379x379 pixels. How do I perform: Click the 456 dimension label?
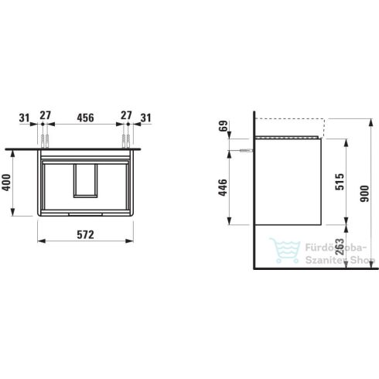(x=85, y=118)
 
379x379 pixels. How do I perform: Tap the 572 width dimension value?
(x=86, y=234)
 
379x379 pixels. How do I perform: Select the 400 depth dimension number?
(x=6, y=183)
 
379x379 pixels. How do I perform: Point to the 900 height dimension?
(x=364, y=193)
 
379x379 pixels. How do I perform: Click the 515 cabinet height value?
(x=340, y=182)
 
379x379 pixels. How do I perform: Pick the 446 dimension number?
(x=223, y=187)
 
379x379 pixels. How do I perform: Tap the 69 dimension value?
(x=224, y=126)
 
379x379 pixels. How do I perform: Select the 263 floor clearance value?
(x=340, y=248)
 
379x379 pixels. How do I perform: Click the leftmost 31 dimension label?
(x=25, y=118)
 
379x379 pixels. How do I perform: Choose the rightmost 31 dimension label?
(x=146, y=118)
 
